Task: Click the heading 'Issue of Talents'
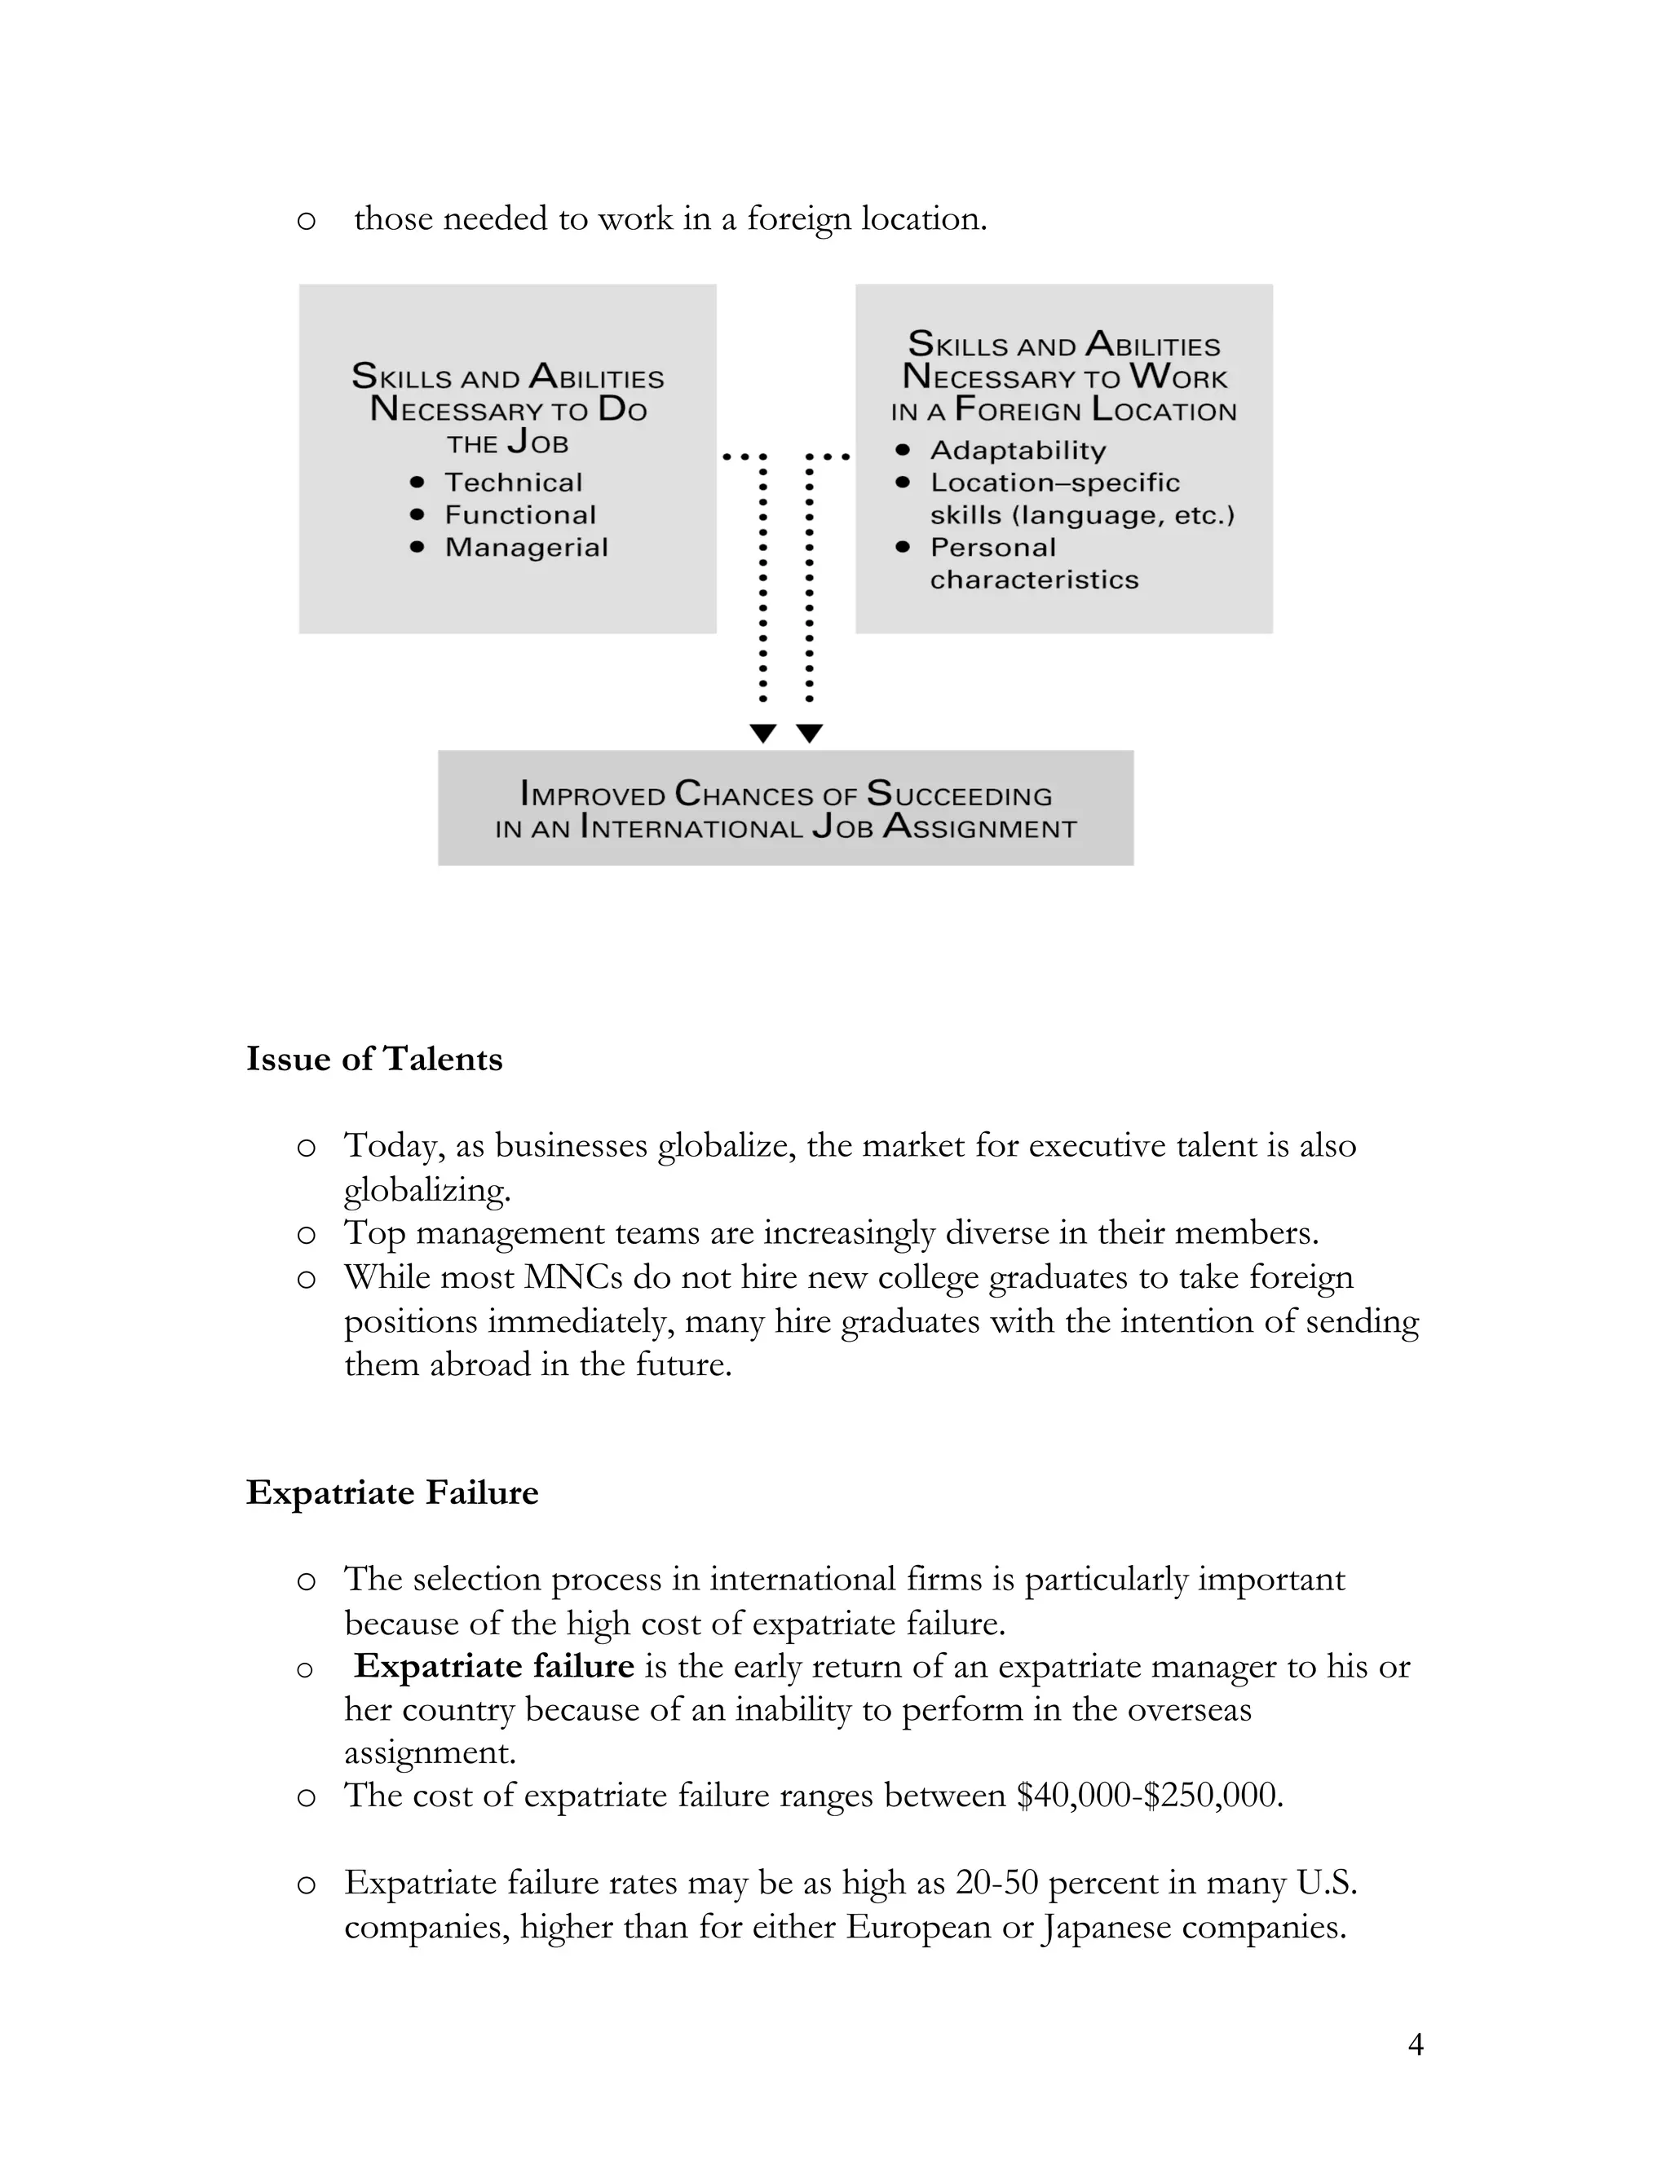point(374,1060)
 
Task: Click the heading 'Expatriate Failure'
point(391,1492)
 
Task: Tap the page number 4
point(1415,2044)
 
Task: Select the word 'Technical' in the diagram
point(514,483)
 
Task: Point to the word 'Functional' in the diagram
point(520,515)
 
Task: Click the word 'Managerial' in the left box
point(526,548)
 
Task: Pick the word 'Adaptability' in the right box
point(1018,451)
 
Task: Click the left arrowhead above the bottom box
point(762,733)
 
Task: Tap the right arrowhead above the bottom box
point(809,733)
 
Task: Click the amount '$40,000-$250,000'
point(1150,1795)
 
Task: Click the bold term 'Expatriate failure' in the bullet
point(493,1667)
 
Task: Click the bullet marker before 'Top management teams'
point(307,1234)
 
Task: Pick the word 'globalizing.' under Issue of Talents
point(427,1190)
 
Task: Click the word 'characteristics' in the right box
point(1034,580)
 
